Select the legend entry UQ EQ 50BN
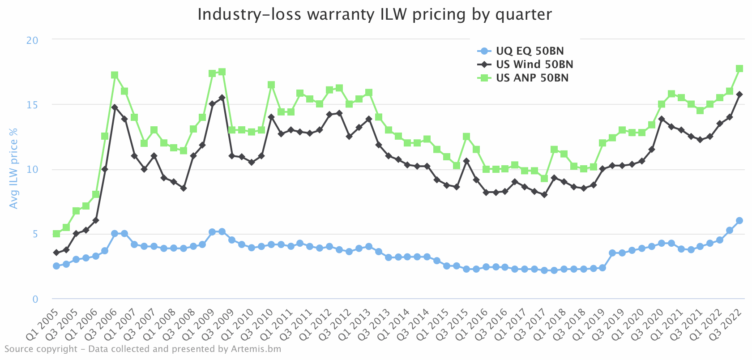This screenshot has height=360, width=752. point(530,51)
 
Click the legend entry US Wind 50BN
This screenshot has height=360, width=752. point(534,64)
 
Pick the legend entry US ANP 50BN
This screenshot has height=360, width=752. point(532,78)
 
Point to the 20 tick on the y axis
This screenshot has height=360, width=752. point(32,40)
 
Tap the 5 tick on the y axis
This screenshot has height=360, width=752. point(35,234)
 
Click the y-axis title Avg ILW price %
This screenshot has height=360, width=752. point(14,168)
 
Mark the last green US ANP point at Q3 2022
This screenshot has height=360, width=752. point(739,69)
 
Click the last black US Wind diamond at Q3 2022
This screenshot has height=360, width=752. point(739,94)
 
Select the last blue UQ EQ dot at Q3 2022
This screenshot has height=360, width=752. point(739,221)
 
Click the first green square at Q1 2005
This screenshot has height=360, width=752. point(56,234)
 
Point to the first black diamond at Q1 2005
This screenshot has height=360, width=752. point(56,253)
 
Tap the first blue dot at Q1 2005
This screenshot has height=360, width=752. point(56,266)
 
